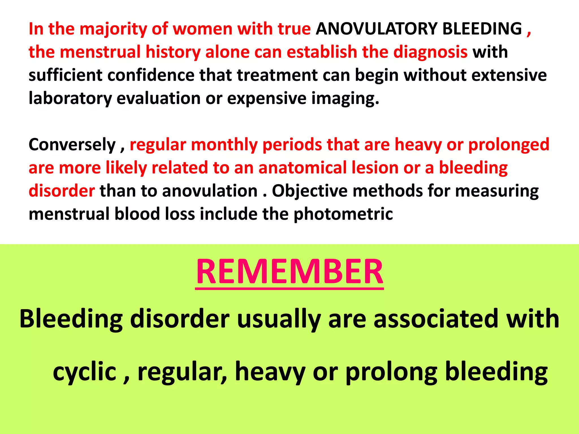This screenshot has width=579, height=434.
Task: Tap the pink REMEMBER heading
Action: (x=289, y=272)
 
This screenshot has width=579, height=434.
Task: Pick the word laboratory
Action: (x=70, y=99)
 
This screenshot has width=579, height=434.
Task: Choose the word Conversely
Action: (x=72, y=145)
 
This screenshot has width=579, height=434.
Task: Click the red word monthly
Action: (x=224, y=145)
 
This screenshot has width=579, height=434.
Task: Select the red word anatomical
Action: (x=303, y=168)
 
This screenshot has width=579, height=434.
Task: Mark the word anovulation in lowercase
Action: (x=209, y=191)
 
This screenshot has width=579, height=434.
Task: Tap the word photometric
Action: (x=343, y=214)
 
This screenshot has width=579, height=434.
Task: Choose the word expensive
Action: (x=267, y=99)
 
